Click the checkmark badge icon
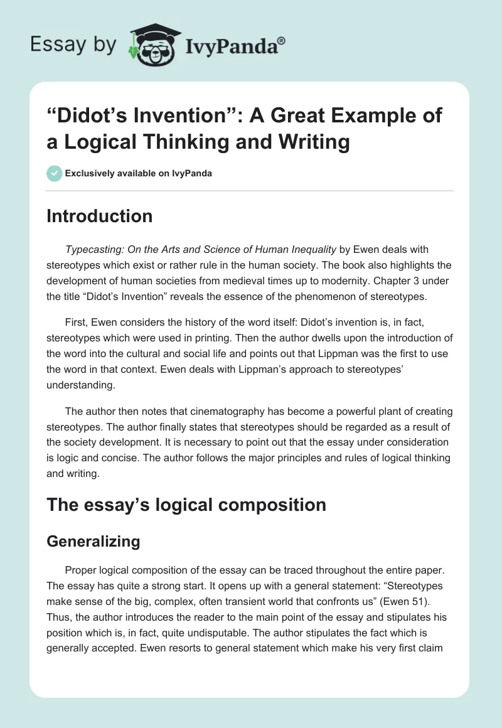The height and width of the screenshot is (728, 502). [x=54, y=173]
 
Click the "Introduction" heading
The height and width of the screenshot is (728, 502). [x=99, y=217]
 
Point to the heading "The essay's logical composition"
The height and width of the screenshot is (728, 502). [x=186, y=505]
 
